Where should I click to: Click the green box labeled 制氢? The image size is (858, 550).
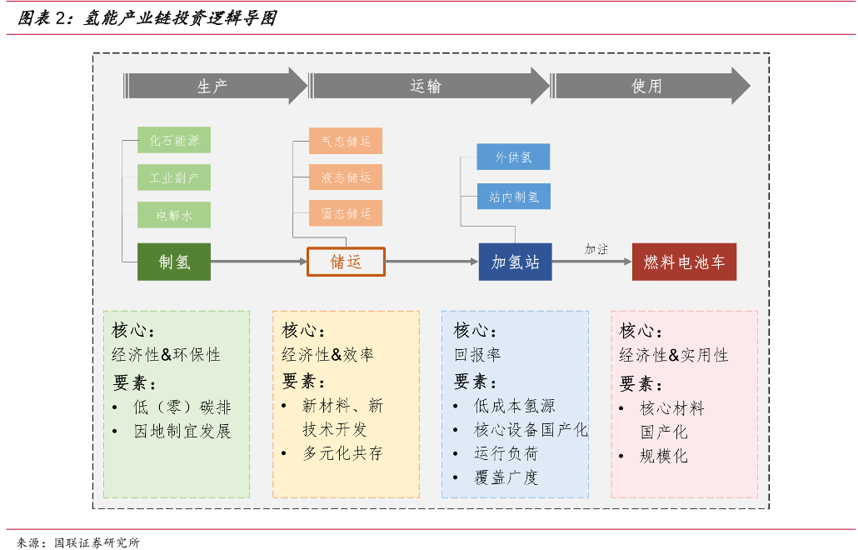pyautogui.click(x=174, y=262)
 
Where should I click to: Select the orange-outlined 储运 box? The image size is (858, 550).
pyautogui.click(x=346, y=262)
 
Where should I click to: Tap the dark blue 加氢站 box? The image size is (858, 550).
pyautogui.click(x=515, y=262)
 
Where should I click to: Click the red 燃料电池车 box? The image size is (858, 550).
pyautogui.click(x=684, y=262)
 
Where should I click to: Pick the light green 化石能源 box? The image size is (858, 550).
pyautogui.click(x=174, y=140)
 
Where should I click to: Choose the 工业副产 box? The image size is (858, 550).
pyautogui.click(x=174, y=177)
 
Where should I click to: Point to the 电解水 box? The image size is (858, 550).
pyautogui.click(x=174, y=215)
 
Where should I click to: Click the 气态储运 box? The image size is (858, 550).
pyautogui.click(x=346, y=141)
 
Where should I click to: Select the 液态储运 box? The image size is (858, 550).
pyautogui.click(x=346, y=177)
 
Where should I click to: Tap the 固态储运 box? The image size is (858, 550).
pyautogui.click(x=346, y=212)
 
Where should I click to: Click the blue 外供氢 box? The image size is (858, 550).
pyautogui.click(x=513, y=157)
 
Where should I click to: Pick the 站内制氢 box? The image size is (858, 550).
pyautogui.click(x=513, y=197)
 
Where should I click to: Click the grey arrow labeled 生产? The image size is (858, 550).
pyautogui.click(x=215, y=86)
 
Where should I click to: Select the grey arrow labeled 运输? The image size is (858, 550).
pyautogui.click(x=429, y=86)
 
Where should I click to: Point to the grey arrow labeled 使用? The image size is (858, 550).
pyautogui.click(x=650, y=86)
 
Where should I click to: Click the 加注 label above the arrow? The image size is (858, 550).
pyautogui.click(x=596, y=249)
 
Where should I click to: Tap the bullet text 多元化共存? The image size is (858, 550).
pyautogui.click(x=342, y=453)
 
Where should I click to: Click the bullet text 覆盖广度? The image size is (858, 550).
pyautogui.click(x=506, y=477)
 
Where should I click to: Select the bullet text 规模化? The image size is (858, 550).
pyautogui.click(x=663, y=455)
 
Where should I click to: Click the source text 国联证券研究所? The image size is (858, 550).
pyautogui.click(x=97, y=542)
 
